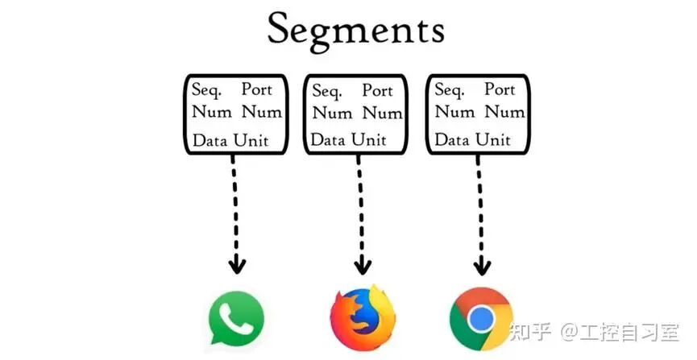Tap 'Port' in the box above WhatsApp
click(257, 89)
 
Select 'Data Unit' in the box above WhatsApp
click(230, 140)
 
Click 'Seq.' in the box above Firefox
click(328, 91)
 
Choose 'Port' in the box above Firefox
click(377, 90)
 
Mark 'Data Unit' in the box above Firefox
click(351, 139)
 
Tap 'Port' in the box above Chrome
click(500, 89)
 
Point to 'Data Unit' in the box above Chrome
click(473, 139)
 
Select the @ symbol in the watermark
click(570, 331)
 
